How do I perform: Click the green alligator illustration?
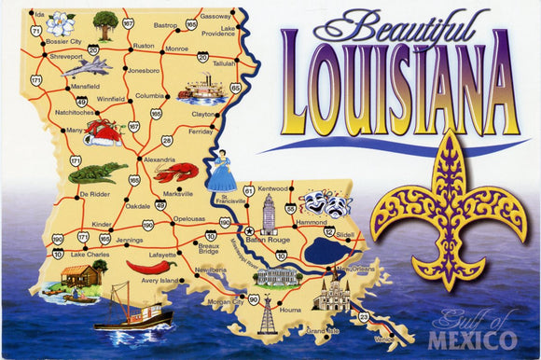coord(96,173)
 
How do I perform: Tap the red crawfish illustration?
coord(175,172)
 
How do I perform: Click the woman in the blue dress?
coord(222,173)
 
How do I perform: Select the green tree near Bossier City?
coord(105,25)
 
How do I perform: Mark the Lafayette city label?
coord(162,254)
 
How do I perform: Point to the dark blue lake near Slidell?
coord(324,250)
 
